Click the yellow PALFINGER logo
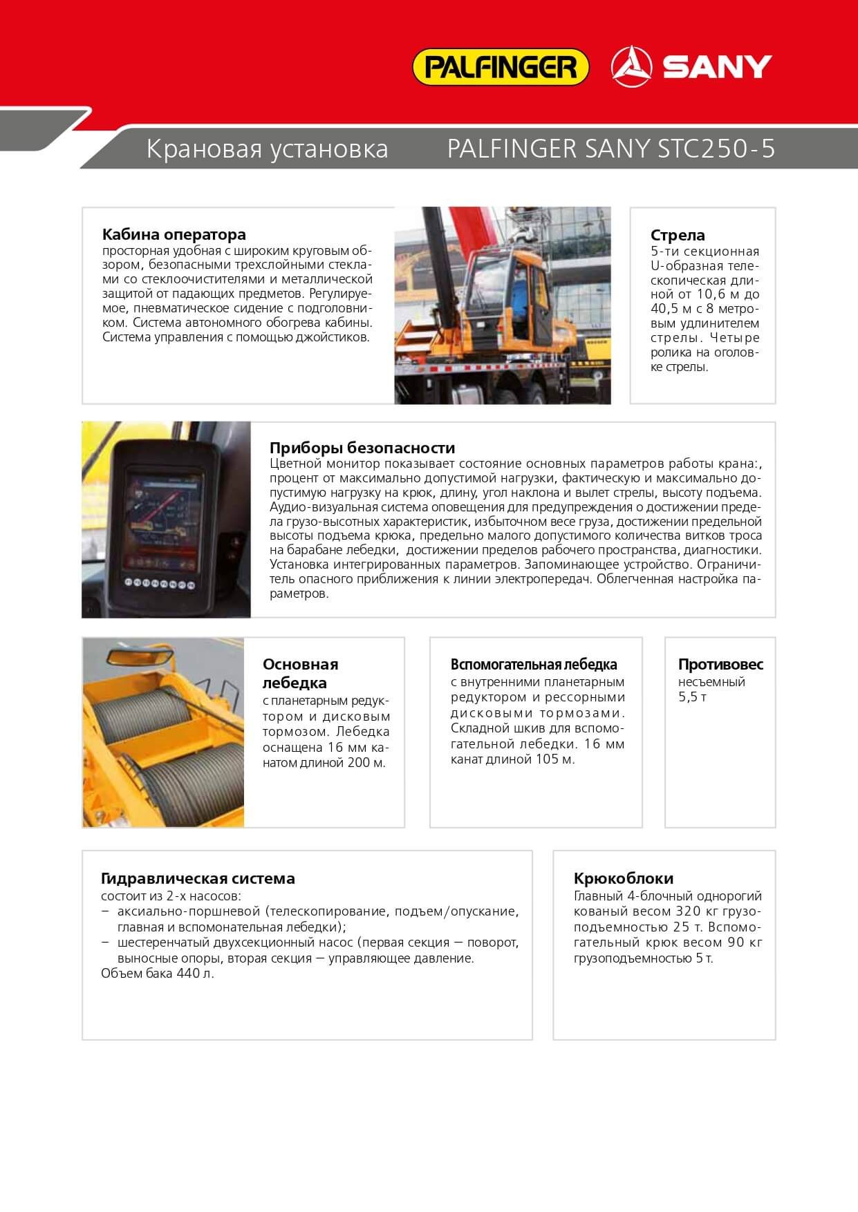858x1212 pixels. (x=500, y=67)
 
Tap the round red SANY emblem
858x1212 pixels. (x=631, y=67)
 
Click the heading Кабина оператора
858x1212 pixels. (x=174, y=234)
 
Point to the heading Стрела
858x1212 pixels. (x=678, y=235)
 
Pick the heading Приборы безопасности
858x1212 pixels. (x=362, y=448)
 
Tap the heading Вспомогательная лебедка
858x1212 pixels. (x=534, y=665)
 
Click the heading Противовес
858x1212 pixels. (x=720, y=665)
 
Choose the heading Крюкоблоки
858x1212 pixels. (x=623, y=878)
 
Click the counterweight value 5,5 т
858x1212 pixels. (x=692, y=697)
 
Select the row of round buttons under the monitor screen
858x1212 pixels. (x=160, y=583)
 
